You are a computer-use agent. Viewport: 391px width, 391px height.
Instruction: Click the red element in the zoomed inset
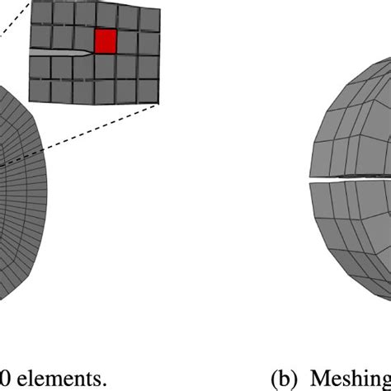point(105,41)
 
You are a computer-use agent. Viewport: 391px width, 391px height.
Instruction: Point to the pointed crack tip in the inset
point(92,53)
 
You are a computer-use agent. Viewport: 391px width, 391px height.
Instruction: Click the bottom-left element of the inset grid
point(39,89)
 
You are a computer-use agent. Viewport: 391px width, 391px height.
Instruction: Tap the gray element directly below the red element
point(105,65)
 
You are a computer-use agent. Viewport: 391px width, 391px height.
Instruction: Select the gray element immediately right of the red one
point(127,41)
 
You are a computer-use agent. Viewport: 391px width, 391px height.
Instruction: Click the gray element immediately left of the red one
point(83,40)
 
